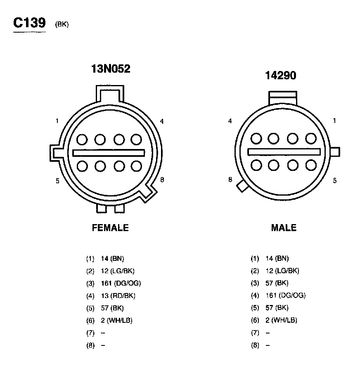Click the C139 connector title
pos(29,23)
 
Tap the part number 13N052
pos(111,69)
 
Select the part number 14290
pos(281,75)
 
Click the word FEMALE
pos(110,228)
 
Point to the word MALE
pos(284,228)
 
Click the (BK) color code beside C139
pos(62,24)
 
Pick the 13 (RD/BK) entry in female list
pos(118,296)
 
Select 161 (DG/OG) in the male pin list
pos(285,296)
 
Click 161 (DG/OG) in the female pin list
pos(121,284)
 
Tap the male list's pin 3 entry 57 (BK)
pos(277,283)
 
